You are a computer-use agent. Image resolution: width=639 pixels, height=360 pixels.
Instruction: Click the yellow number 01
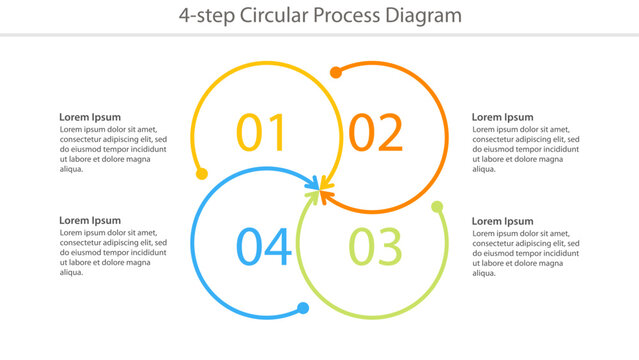click(261, 133)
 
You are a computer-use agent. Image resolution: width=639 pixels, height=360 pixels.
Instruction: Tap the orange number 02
click(375, 133)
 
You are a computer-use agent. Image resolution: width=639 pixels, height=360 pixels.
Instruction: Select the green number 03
click(375, 247)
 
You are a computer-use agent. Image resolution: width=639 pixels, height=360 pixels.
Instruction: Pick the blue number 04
click(264, 247)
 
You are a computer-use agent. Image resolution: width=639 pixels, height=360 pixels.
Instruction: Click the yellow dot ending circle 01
click(202, 174)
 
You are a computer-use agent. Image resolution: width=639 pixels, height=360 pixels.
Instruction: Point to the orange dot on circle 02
click(336, 72)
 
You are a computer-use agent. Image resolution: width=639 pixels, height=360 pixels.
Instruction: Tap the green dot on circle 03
click(437, 207)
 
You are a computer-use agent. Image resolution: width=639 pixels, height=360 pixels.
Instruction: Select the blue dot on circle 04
click(303, 308)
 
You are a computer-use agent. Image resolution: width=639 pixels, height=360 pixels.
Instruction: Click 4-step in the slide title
click(202, 15)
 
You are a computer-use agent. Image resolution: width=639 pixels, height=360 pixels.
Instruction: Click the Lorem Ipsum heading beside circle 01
click(90, 117)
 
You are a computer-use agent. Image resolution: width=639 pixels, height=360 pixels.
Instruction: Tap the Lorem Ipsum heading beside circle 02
click(502, 117)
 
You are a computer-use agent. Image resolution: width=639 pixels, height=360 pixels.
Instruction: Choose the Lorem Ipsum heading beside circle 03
click(502, 221)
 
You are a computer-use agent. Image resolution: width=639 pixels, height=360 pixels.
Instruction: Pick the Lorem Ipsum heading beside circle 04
click(90, 221)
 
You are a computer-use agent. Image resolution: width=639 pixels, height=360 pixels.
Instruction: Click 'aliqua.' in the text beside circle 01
click(73, 169)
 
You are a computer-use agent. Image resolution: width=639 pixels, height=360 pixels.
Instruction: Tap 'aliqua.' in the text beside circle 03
click(485, 273)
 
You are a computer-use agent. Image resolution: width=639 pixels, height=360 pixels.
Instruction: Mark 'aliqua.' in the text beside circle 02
click(485, 169)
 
